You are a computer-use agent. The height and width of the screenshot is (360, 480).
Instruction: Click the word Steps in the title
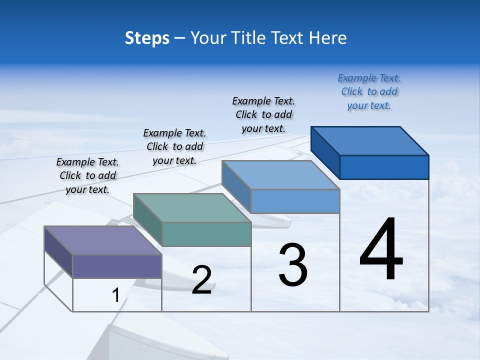pos(147,38)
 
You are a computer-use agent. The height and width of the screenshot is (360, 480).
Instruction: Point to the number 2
pos(201,279)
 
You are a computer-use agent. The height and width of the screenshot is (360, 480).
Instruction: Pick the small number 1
pos(115,295)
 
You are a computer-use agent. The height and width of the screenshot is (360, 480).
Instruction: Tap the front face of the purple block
pos(117,266)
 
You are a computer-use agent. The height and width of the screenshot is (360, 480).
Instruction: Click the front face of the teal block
pos(206,234)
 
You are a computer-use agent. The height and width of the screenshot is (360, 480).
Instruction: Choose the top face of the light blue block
pos(280,175)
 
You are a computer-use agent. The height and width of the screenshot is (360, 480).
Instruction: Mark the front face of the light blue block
pos(295,201)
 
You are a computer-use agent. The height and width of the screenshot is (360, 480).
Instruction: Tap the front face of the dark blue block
pos(384,167)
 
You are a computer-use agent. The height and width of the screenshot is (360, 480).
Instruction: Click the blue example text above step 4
pos(369,92)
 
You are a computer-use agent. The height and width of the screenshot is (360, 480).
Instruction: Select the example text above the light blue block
pos(263,115)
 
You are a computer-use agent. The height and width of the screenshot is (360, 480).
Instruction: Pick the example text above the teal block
pos(174,146)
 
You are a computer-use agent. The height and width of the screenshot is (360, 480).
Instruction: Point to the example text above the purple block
pos(87,175)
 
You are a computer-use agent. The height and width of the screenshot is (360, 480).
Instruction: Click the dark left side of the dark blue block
pos(325,152)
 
